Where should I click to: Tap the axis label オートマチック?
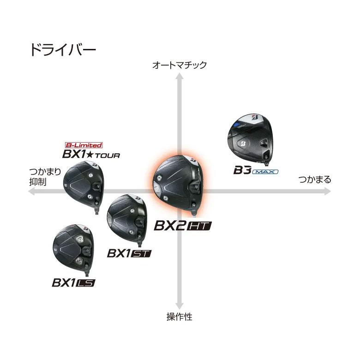pos(180,65)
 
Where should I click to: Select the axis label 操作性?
pos(179,317)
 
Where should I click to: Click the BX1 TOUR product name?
pos(90,154)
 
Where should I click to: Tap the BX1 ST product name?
pos(129,253)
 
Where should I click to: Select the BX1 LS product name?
pos(73,282)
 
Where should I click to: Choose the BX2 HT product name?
pos(182,226)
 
